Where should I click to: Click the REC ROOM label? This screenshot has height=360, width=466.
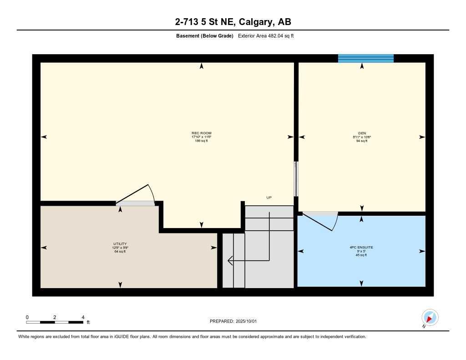pos(202,133)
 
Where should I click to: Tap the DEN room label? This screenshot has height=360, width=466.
pos(362,133)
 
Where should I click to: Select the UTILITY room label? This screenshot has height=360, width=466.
pos(120,243)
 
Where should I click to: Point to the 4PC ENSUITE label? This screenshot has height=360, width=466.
pos(361,248)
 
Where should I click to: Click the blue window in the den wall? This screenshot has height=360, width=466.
pos(365,58)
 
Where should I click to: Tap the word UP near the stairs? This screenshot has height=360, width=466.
pos(269,198)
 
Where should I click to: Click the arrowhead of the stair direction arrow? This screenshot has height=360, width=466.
pos(229,260)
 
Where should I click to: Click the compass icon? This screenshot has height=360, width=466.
pos(430,317)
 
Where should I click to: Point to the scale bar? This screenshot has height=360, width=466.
pos(55,322)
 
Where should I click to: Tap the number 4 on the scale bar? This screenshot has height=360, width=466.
pos(82,317)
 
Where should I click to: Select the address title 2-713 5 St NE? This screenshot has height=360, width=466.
pos(233,22)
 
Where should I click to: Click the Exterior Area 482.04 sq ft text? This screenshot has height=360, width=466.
pos(266,36)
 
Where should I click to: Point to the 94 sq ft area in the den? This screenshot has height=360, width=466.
pos(362,141)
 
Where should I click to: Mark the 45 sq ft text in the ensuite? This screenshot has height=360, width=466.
pos(361,255)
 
